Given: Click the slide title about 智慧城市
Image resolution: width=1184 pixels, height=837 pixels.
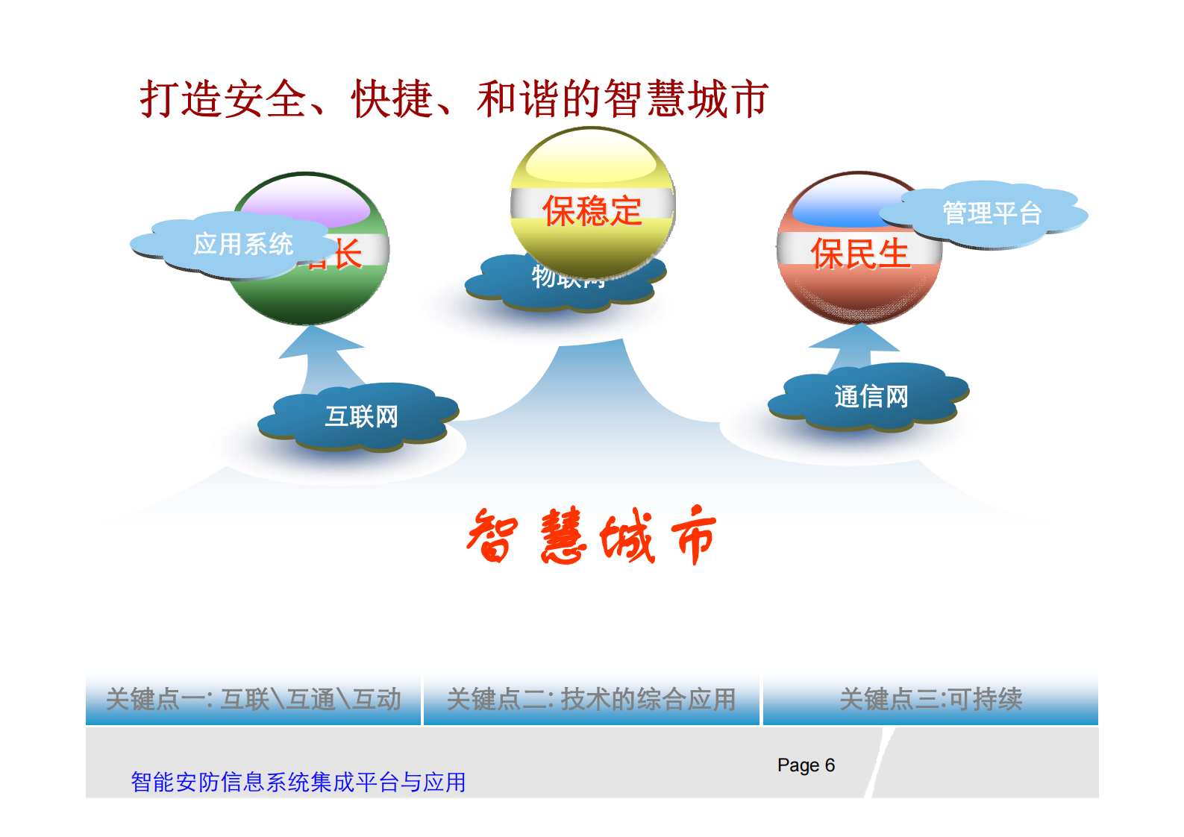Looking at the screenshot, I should click(x=454, y=99).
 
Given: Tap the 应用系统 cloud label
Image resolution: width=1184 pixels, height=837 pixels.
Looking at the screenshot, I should click(x=242, y=244).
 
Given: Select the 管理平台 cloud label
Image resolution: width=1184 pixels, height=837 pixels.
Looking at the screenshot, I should click(x=992, y=213).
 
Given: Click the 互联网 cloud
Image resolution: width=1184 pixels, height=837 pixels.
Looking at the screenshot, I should click(x=361, y=416).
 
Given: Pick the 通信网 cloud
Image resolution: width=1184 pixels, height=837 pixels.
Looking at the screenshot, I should click(x=871, y=397).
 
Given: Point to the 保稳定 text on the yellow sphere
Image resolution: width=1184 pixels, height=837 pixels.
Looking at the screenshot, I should click(x=592, y=211).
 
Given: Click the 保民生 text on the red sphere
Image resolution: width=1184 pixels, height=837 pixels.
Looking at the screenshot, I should click(x=859, y=254).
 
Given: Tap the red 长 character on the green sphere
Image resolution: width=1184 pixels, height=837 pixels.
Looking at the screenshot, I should click(x=348, y=254).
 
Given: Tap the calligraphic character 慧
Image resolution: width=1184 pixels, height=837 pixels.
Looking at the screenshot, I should click(x=563, y=536).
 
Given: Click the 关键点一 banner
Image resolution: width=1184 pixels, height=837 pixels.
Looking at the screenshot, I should click(x=254, y=699).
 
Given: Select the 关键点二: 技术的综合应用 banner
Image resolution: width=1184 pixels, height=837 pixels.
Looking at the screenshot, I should click(x=591, y=699).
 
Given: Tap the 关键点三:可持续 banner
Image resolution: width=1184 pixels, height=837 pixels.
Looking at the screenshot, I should click(x=930, y=699).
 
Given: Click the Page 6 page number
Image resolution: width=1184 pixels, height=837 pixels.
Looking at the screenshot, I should click(x=806, y=765).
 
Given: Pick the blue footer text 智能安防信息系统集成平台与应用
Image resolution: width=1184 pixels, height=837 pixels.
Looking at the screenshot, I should click(x=298, y=782).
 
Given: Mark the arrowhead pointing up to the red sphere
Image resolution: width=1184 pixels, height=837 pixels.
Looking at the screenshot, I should click(x=855, y=339).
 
